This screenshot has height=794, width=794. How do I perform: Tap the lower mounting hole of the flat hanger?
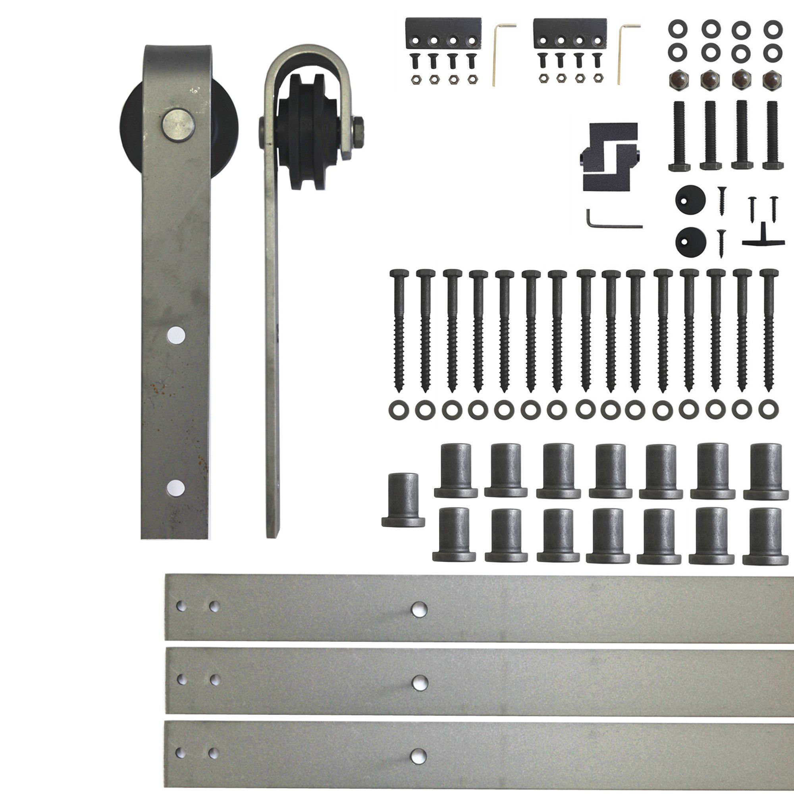pos(176,487)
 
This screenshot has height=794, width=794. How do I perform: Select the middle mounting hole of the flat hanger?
pos(176,335)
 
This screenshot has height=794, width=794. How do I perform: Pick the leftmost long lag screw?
pos(399,329)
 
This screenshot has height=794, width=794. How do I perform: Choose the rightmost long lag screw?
pos(769,329)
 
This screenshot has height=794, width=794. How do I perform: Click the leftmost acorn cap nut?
pos(678,79)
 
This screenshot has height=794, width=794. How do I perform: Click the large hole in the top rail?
pos(419,609)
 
